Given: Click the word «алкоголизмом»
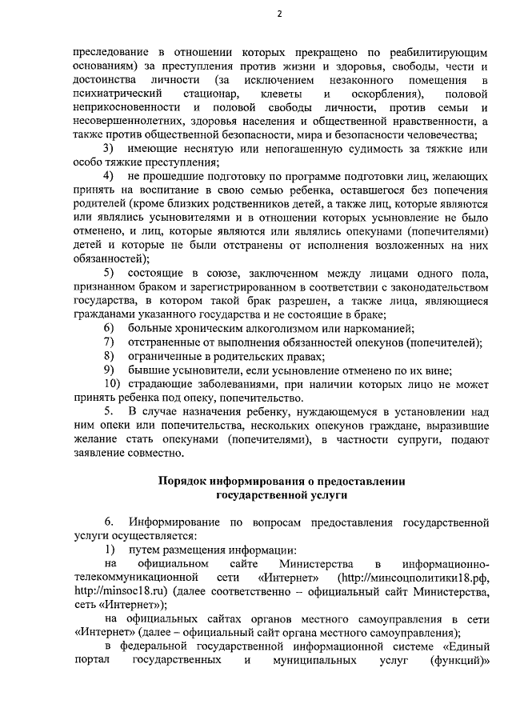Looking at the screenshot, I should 250,329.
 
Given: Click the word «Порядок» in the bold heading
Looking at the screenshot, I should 182,482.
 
